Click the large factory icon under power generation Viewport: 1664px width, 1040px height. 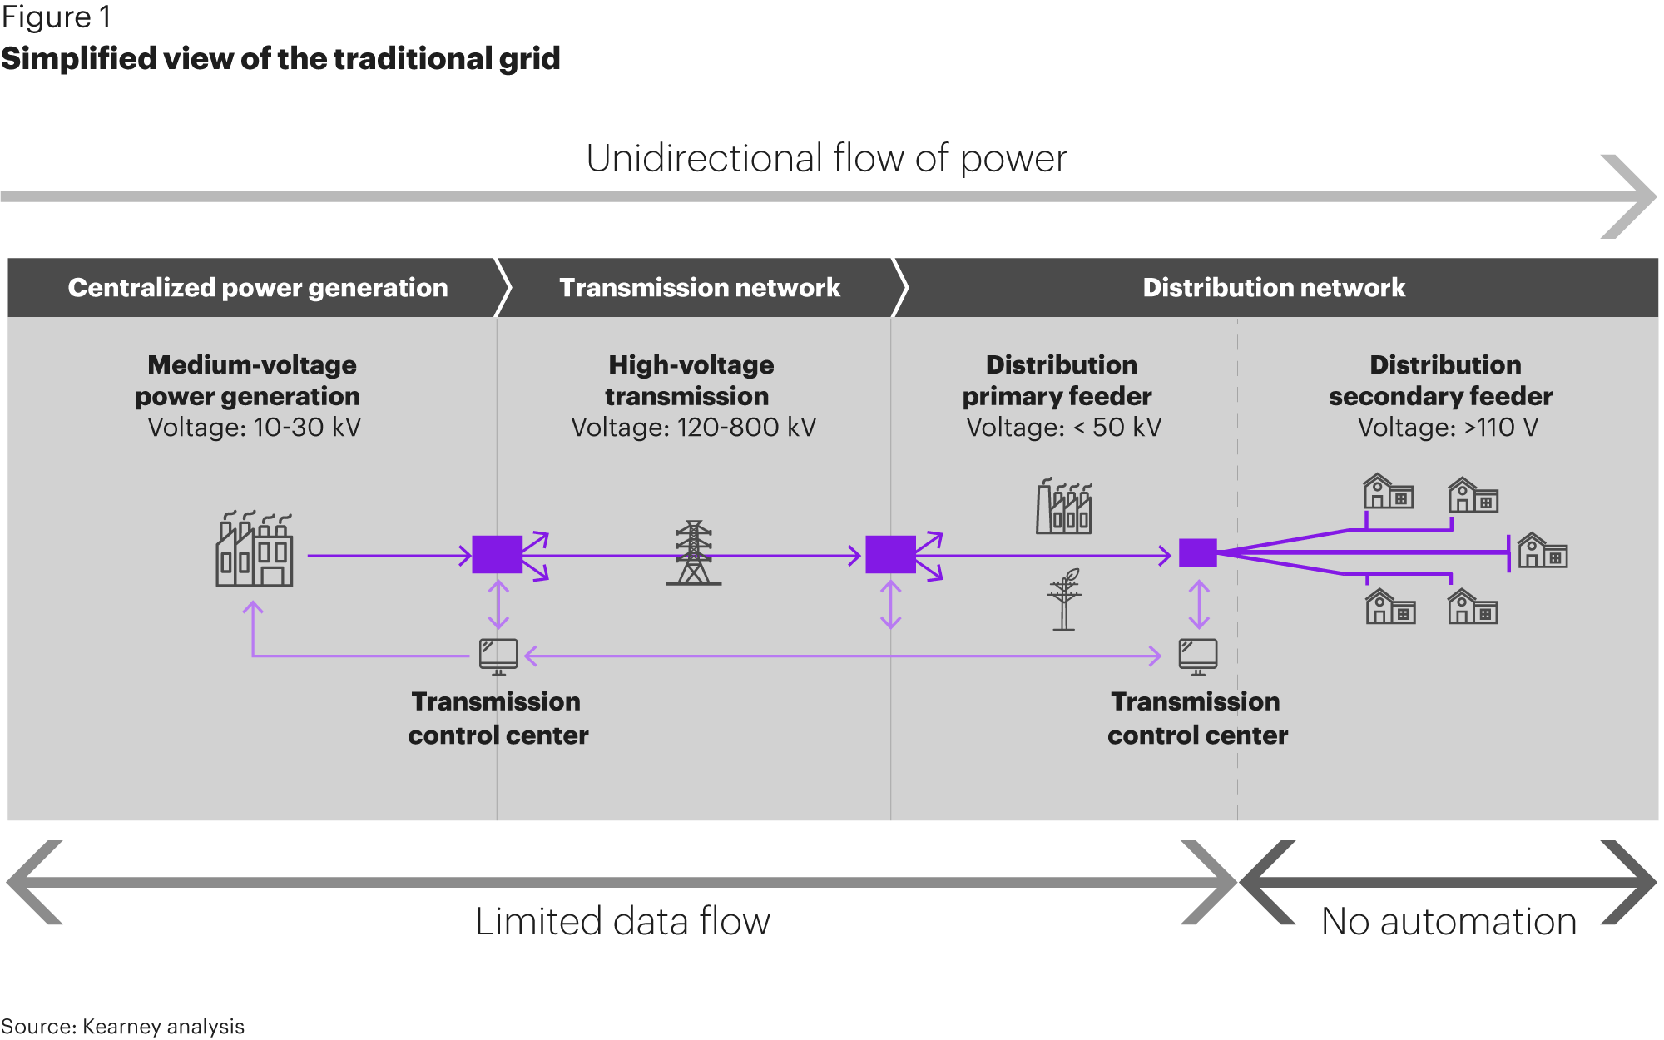tap(255, 551)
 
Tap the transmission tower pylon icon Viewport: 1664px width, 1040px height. tap(693, 553)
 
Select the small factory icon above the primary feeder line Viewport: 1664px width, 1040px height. tap(1063, 507)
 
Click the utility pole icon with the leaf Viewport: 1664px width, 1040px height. tap(1064, 600)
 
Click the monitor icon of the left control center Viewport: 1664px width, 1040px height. tap(498, 656)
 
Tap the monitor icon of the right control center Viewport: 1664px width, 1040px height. tap(1198, 656)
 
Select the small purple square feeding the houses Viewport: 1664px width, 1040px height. tap(1198, 553)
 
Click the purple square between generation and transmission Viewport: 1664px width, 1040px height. tap(497, 554)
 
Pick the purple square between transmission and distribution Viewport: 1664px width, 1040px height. tap(890, 554)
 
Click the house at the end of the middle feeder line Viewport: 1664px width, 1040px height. tap(1543, 552)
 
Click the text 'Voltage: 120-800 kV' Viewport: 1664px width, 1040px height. tap(693, 428)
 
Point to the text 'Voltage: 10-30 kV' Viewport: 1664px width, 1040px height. tap(254, 428)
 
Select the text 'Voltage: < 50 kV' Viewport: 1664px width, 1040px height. tap(1063, 428)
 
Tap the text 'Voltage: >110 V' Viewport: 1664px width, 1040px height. tap(1448, 428)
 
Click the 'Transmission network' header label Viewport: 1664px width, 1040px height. tap(699, 288)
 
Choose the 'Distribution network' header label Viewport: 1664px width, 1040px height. tap(1273, 288)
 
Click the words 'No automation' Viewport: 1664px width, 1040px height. tap(1449, 922)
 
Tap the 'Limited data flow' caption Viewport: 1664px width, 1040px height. tap(622, 922)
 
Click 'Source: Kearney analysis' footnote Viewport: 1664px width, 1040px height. tap(122, 1027)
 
